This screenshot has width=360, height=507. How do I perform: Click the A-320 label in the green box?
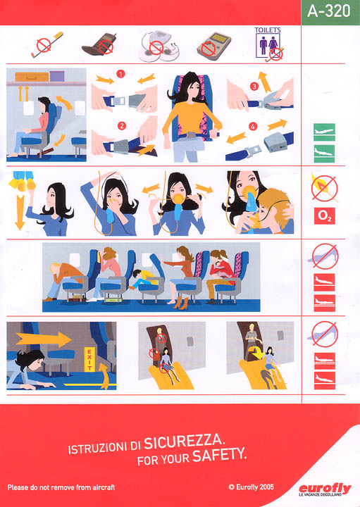328,11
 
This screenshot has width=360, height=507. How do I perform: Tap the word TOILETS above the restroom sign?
268,30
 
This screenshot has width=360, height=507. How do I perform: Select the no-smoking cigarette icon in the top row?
47,44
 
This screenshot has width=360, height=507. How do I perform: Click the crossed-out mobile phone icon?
99,46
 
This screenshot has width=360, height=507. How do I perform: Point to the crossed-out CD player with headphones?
159,46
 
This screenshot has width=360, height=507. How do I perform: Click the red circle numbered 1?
120,75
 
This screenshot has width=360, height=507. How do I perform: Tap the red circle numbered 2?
122,126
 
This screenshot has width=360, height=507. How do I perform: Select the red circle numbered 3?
254,87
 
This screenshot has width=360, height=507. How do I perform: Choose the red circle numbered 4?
253,126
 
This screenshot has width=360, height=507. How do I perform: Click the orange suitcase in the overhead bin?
32,77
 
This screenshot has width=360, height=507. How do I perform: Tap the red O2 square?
324,216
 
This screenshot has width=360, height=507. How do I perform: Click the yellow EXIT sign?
89,359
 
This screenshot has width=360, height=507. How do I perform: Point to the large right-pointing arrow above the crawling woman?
44,339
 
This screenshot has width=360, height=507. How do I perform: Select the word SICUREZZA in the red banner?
183,442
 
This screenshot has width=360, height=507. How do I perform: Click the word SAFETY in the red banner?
219,455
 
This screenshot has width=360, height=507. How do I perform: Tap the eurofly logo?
325,489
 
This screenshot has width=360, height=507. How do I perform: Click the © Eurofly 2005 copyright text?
252,487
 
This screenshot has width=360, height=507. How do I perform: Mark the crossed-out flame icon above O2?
324,188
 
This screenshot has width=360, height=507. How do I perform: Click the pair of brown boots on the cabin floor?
180,303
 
